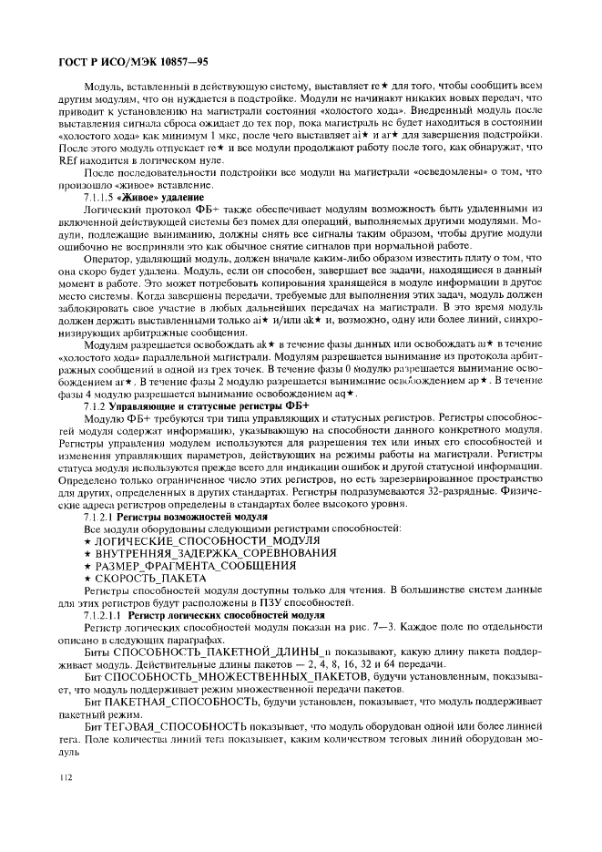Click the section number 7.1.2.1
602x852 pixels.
point(99,517)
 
